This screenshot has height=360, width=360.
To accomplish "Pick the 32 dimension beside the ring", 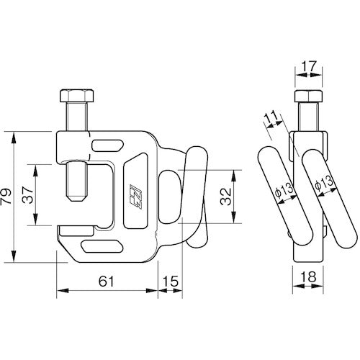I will click(x=225, y=194).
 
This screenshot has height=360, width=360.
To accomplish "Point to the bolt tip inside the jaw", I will click(x=73, y=195).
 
